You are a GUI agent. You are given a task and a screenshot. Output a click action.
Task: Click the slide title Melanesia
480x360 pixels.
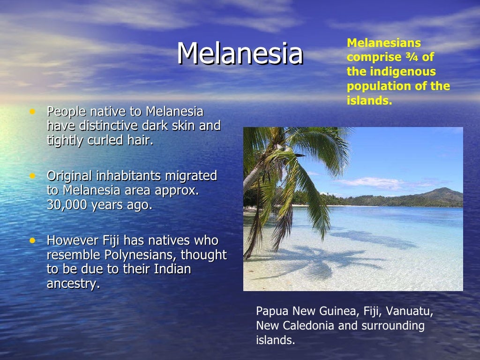[x=240, y=53]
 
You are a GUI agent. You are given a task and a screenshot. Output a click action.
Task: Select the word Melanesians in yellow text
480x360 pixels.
[x=384, y=43]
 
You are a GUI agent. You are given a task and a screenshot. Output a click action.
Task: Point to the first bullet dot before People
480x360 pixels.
[x=32, y=112]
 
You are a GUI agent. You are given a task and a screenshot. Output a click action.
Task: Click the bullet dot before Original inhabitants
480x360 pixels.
[x=32, y=176]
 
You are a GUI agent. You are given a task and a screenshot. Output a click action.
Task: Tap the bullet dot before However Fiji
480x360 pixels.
[x=32, y=240]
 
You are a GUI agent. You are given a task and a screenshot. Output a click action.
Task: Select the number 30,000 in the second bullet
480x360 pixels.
[x=66, y=206]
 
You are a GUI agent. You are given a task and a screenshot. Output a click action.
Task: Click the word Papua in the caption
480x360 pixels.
[x=272, y=312]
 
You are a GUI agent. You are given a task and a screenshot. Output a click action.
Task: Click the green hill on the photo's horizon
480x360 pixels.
[x=441, y=195]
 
